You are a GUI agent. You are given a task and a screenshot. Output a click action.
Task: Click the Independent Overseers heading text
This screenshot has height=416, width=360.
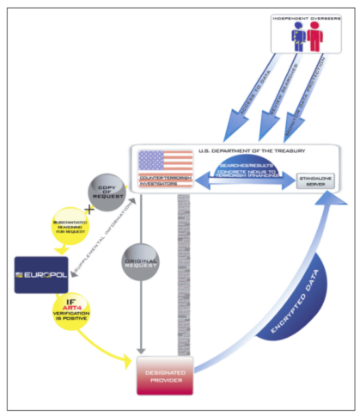(309, 18)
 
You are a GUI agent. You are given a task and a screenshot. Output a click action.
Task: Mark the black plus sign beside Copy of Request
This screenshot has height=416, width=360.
(89, 211)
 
